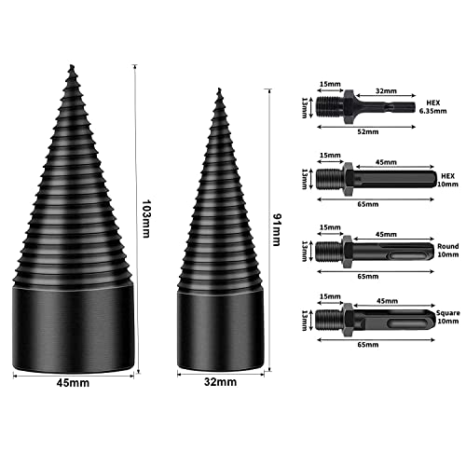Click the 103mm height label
coord(146,219)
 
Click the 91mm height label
coord(276,229)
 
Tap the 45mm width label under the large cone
coord(73,383)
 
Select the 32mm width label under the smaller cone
coord(220,382)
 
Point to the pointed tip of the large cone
coord(72,65)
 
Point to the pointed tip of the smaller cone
coord(220,89)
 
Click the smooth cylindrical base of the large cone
coord(74,329)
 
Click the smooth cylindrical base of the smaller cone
coord(221,331)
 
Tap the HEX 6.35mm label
coord(433,106)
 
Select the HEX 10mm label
coord(447,180)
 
